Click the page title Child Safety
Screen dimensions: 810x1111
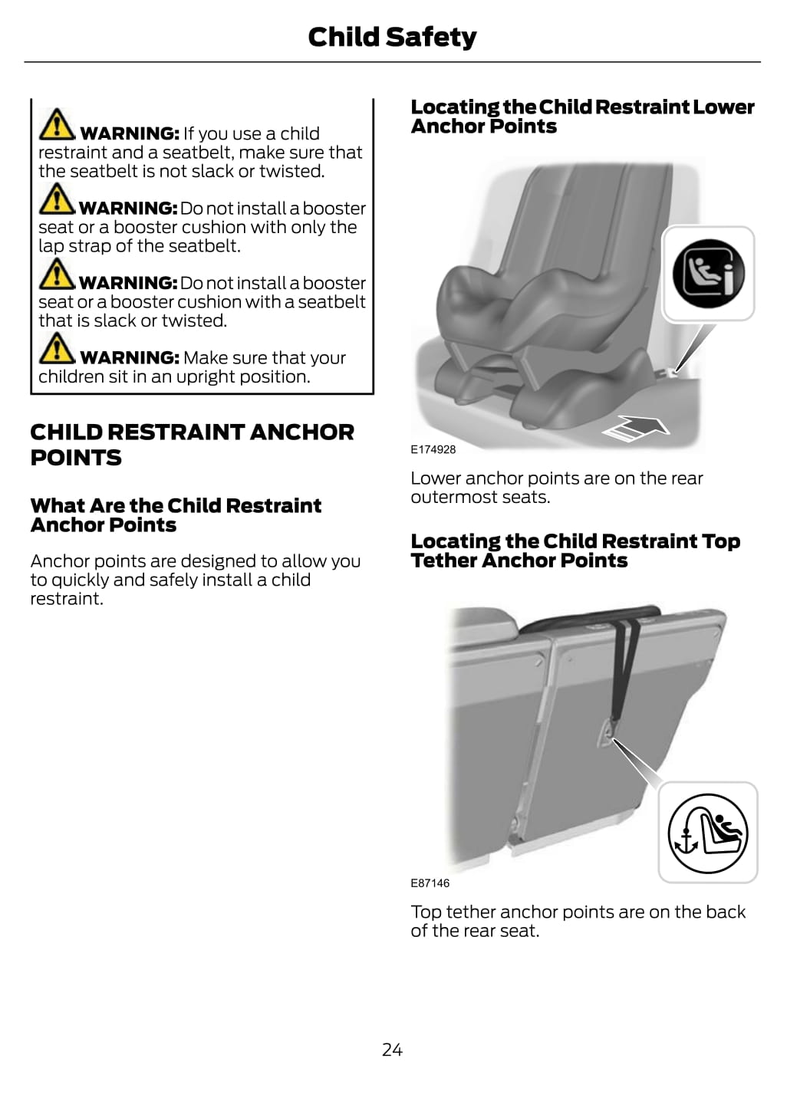click(392, 38)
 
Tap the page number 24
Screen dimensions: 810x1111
click(392, 1050)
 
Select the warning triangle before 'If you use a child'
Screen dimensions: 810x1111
click(57, 124)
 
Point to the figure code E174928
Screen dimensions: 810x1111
click(433, 449)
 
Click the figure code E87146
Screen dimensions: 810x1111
click(430, 883)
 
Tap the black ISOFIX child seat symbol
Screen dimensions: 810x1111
click(708, 273)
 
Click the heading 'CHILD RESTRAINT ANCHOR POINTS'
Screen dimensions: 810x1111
click(193, 445)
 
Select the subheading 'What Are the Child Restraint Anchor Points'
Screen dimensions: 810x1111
click(176, 515)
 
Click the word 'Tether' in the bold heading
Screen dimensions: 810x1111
click(443, 560)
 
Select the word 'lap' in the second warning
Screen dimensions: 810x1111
click(51, 246)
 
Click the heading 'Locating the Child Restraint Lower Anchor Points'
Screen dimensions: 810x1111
click(583, 117)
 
